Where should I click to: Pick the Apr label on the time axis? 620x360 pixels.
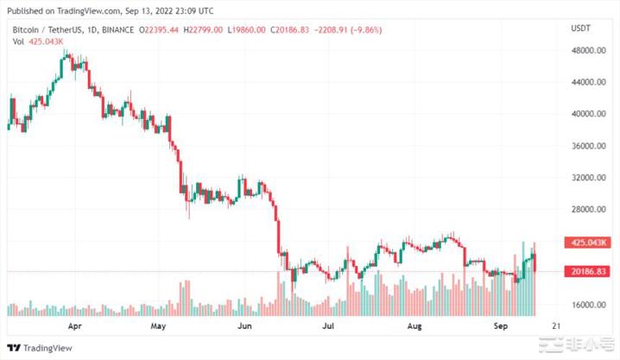pos(74,328)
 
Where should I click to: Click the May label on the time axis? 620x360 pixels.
pos(158,328)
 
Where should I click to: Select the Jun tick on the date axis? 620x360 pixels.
pos(244,328)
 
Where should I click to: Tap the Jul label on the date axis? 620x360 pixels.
pos(327,328)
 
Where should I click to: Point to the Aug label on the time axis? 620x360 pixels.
pos(414,328)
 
